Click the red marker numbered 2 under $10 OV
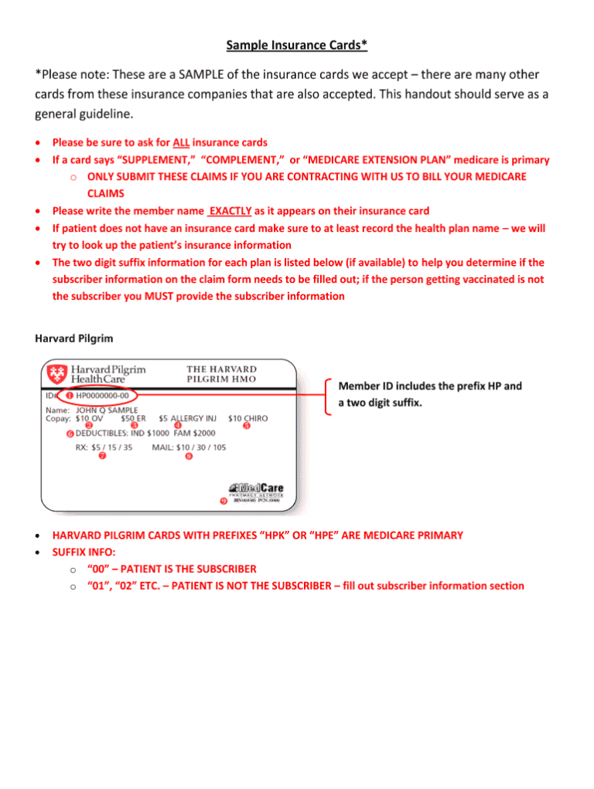coord(89,426)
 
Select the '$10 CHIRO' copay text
coord(247,418)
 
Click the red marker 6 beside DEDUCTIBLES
coord(70,434)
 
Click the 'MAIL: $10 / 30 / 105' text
coord(189,447)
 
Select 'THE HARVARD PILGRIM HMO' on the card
coord(222,374)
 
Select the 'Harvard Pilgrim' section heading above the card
coord(67,338)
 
